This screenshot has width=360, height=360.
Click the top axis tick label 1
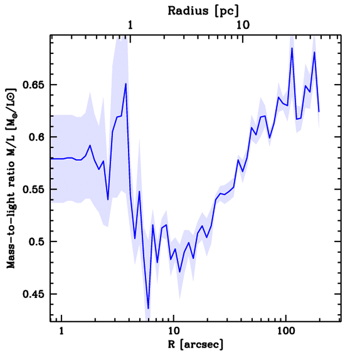click(x=131, y=25)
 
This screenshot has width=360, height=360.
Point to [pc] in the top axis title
click(x=227, y=11)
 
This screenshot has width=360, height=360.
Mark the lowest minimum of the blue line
click(x=148, y=309)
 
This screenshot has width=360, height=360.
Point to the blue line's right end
click(x=319, y=112)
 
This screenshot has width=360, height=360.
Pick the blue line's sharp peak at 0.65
click(x=126, y=84)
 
